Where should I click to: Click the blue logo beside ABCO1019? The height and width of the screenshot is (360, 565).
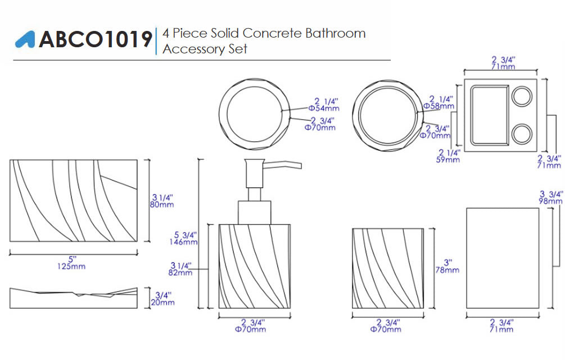pos(25,39)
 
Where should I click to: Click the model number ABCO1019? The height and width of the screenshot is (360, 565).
pos(96,39)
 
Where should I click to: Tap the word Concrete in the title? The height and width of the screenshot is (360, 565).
pos(272,33)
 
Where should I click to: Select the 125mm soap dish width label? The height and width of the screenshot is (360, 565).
pos(71,266)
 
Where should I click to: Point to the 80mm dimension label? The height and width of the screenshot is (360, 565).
pos(162,205)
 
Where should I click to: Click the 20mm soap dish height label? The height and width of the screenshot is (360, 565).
pos(162,303)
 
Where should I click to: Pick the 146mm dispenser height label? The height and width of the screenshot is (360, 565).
pos(183,242)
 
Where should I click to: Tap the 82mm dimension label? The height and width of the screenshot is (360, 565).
pos(180,273)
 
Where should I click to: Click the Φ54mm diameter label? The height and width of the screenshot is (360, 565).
pos(324,108)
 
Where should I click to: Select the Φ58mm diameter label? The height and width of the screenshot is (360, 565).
pos(439,106)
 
